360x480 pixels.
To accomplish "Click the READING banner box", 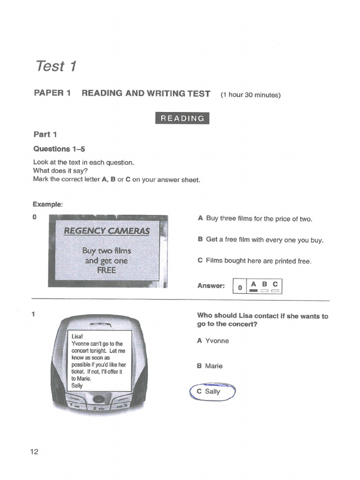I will pos(182,118).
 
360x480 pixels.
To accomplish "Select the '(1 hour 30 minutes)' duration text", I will pos(250,95).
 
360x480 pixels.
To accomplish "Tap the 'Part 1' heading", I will pos(45,135).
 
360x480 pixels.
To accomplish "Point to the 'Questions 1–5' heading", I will pos(59,149).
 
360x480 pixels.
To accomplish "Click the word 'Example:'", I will pos(47,204).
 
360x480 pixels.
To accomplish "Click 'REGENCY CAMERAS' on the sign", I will pos(107,231).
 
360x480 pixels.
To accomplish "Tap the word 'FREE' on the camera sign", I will pos(106,270).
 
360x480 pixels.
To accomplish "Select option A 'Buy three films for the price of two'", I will pos(255,219).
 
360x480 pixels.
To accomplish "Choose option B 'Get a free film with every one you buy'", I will pos(261,240).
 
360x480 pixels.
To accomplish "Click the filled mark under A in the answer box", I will pos(254,291).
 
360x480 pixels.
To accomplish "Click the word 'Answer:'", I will pos(211,286).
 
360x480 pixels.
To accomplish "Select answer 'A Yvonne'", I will pos(213,341).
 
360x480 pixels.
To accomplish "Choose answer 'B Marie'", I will pos(210,366).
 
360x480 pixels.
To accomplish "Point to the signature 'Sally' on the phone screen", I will pos(77,385).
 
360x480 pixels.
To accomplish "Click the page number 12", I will pos(34,452).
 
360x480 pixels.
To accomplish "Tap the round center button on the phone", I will pos(98,399).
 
